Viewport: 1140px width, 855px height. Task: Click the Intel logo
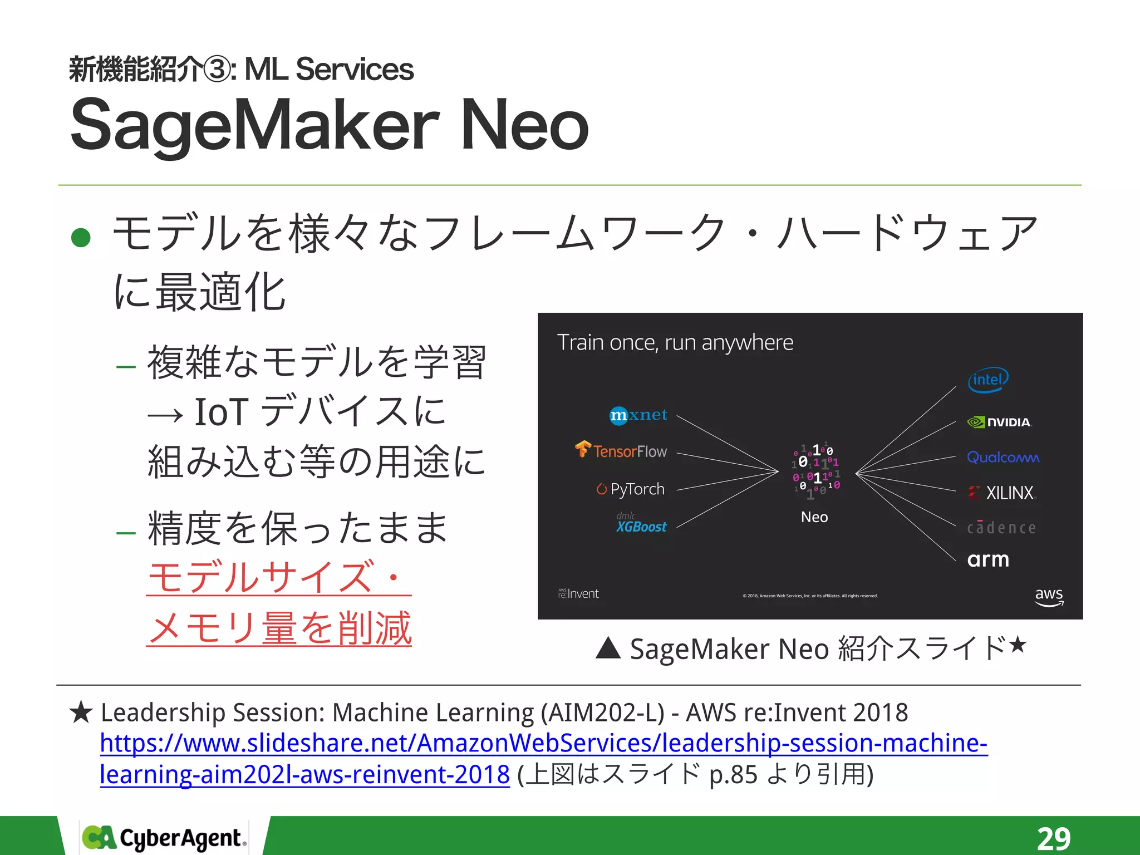[x=988, y=380]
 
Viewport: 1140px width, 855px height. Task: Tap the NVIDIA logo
[x=999, y=422]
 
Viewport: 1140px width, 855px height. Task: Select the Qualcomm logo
[x=1003, y=458]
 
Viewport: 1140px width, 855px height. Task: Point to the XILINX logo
[x=1001, y=493]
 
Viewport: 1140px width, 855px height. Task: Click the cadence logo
[x=1001, y=528]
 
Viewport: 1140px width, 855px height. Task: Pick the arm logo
[x=988, y=559]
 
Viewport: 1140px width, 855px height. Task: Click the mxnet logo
[x=638, y=415]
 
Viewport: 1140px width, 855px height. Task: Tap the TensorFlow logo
[x=621, y=450]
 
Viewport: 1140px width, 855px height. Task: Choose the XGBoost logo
[x=641, y=525]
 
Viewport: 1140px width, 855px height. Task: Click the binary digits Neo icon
[x=815, y=471]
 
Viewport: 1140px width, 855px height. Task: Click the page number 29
[x=1053, y=838]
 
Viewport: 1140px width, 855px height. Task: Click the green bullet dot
[x=81, y=238]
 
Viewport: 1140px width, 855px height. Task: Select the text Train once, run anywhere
[x=675, y=343]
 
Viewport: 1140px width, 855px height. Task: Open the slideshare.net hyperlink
[x=543, y=744]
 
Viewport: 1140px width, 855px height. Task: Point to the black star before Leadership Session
[x=81, y=712]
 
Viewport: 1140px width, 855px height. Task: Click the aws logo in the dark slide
[x=1049, y=596]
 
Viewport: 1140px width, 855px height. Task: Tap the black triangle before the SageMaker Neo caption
[x=608, y=648]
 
